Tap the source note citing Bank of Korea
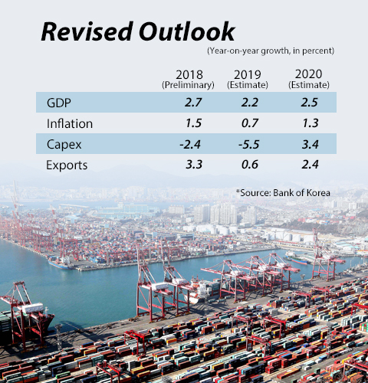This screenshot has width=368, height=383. tap(283, 192)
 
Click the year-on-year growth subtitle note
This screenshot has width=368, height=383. tap(270, 51)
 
